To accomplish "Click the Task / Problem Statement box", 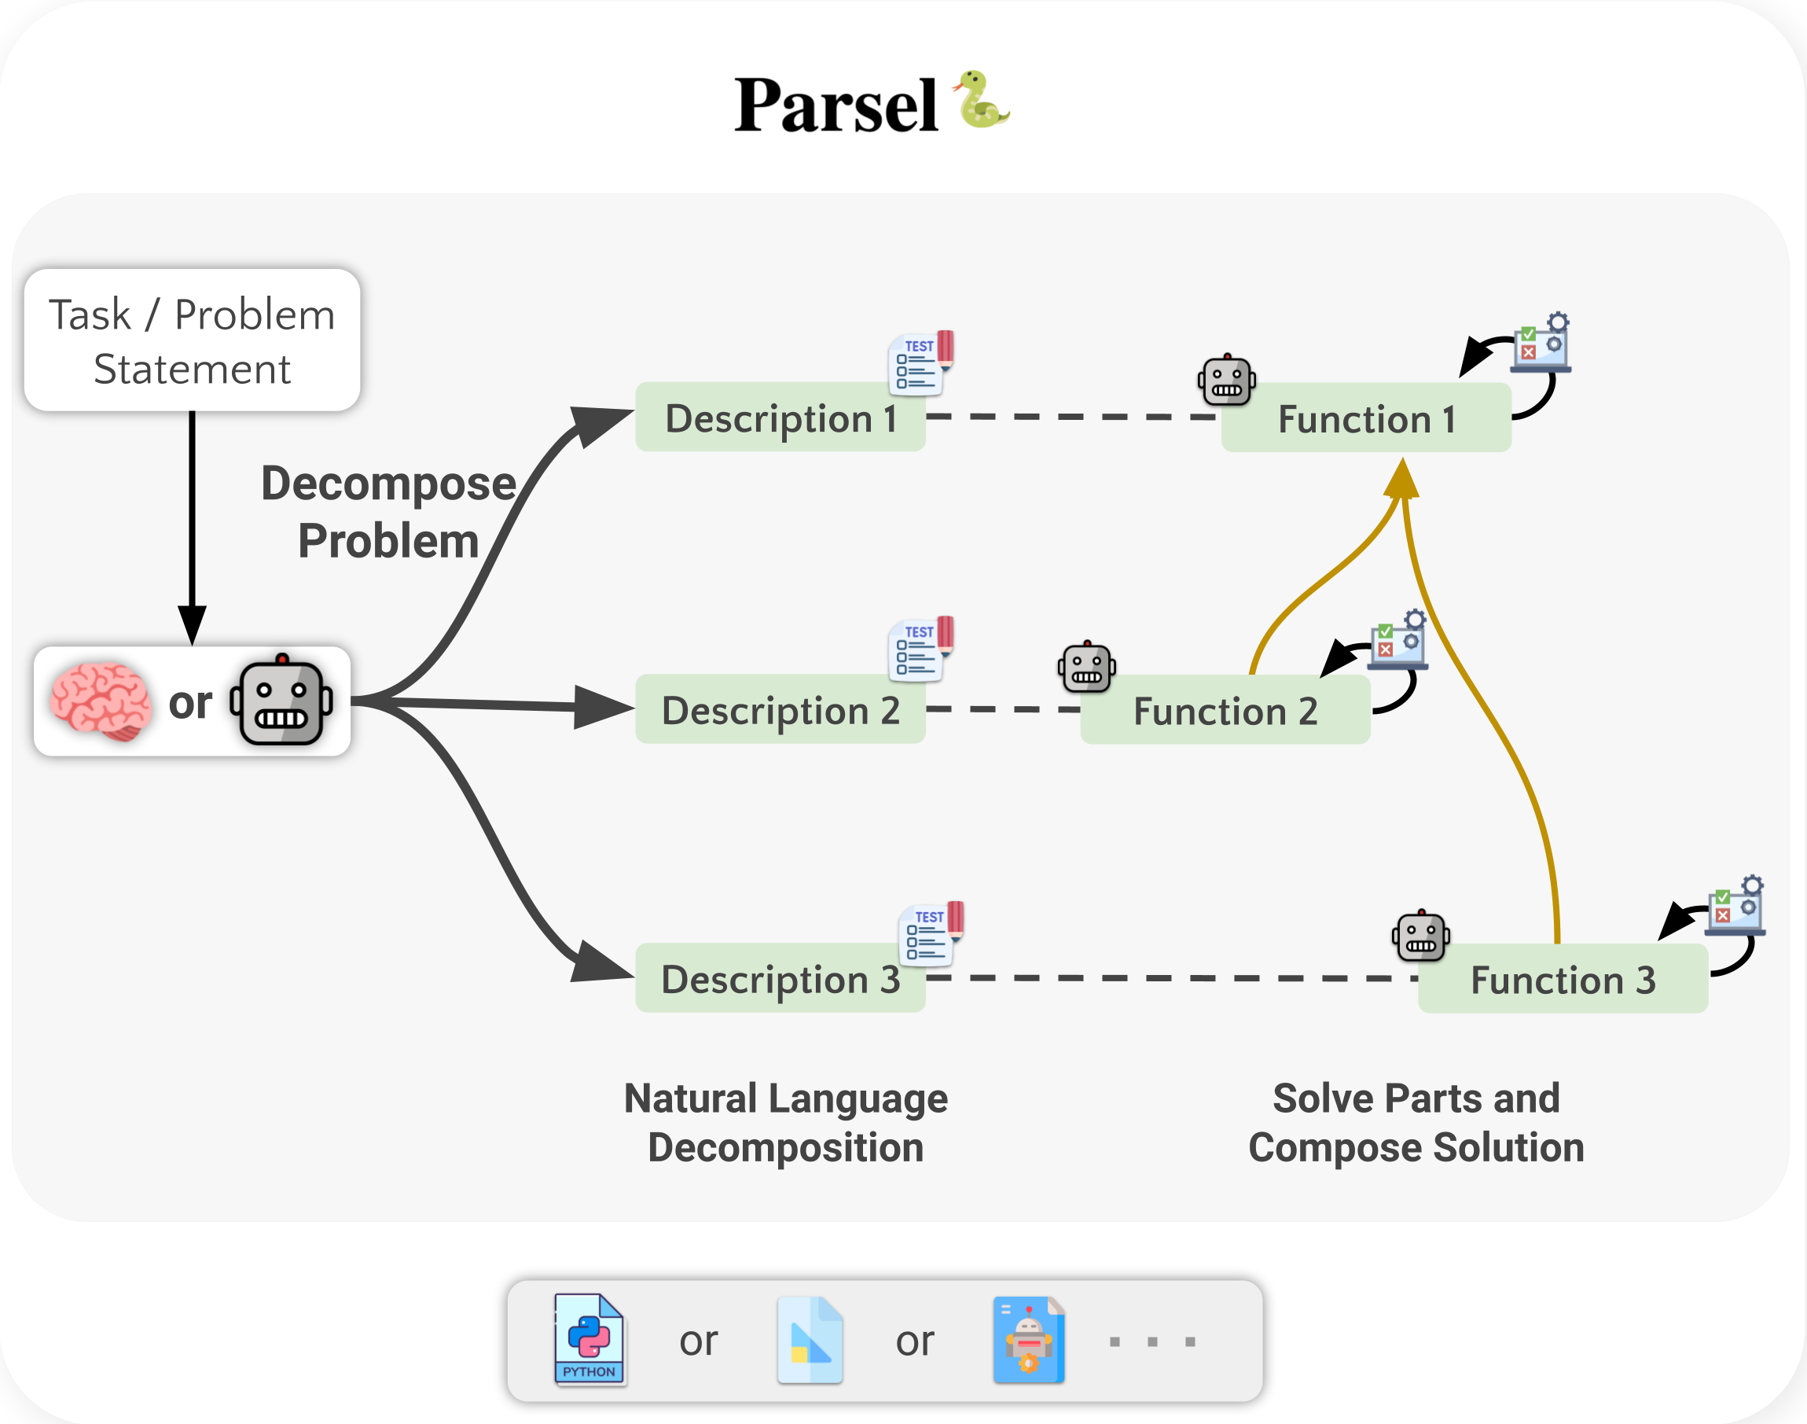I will point(192,340).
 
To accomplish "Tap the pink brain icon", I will point(100,701).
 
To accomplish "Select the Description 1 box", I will point(780,418).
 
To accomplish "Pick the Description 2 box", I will point(780,709).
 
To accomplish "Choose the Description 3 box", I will point(780,979).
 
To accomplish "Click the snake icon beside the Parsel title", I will point(982,100).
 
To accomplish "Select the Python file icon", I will point(589,1339).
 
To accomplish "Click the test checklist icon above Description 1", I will point(921,362).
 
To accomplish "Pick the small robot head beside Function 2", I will point(1087,667).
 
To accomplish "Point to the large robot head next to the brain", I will point(281,701).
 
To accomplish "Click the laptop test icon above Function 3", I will point(1735,907).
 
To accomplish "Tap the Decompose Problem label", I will point(388,512).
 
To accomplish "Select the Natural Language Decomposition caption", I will point(785,1122).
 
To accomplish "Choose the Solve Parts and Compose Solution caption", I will point(1416,1122).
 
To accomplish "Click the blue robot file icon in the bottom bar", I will point(1029,1339).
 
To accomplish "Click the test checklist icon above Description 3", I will point(931,934).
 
